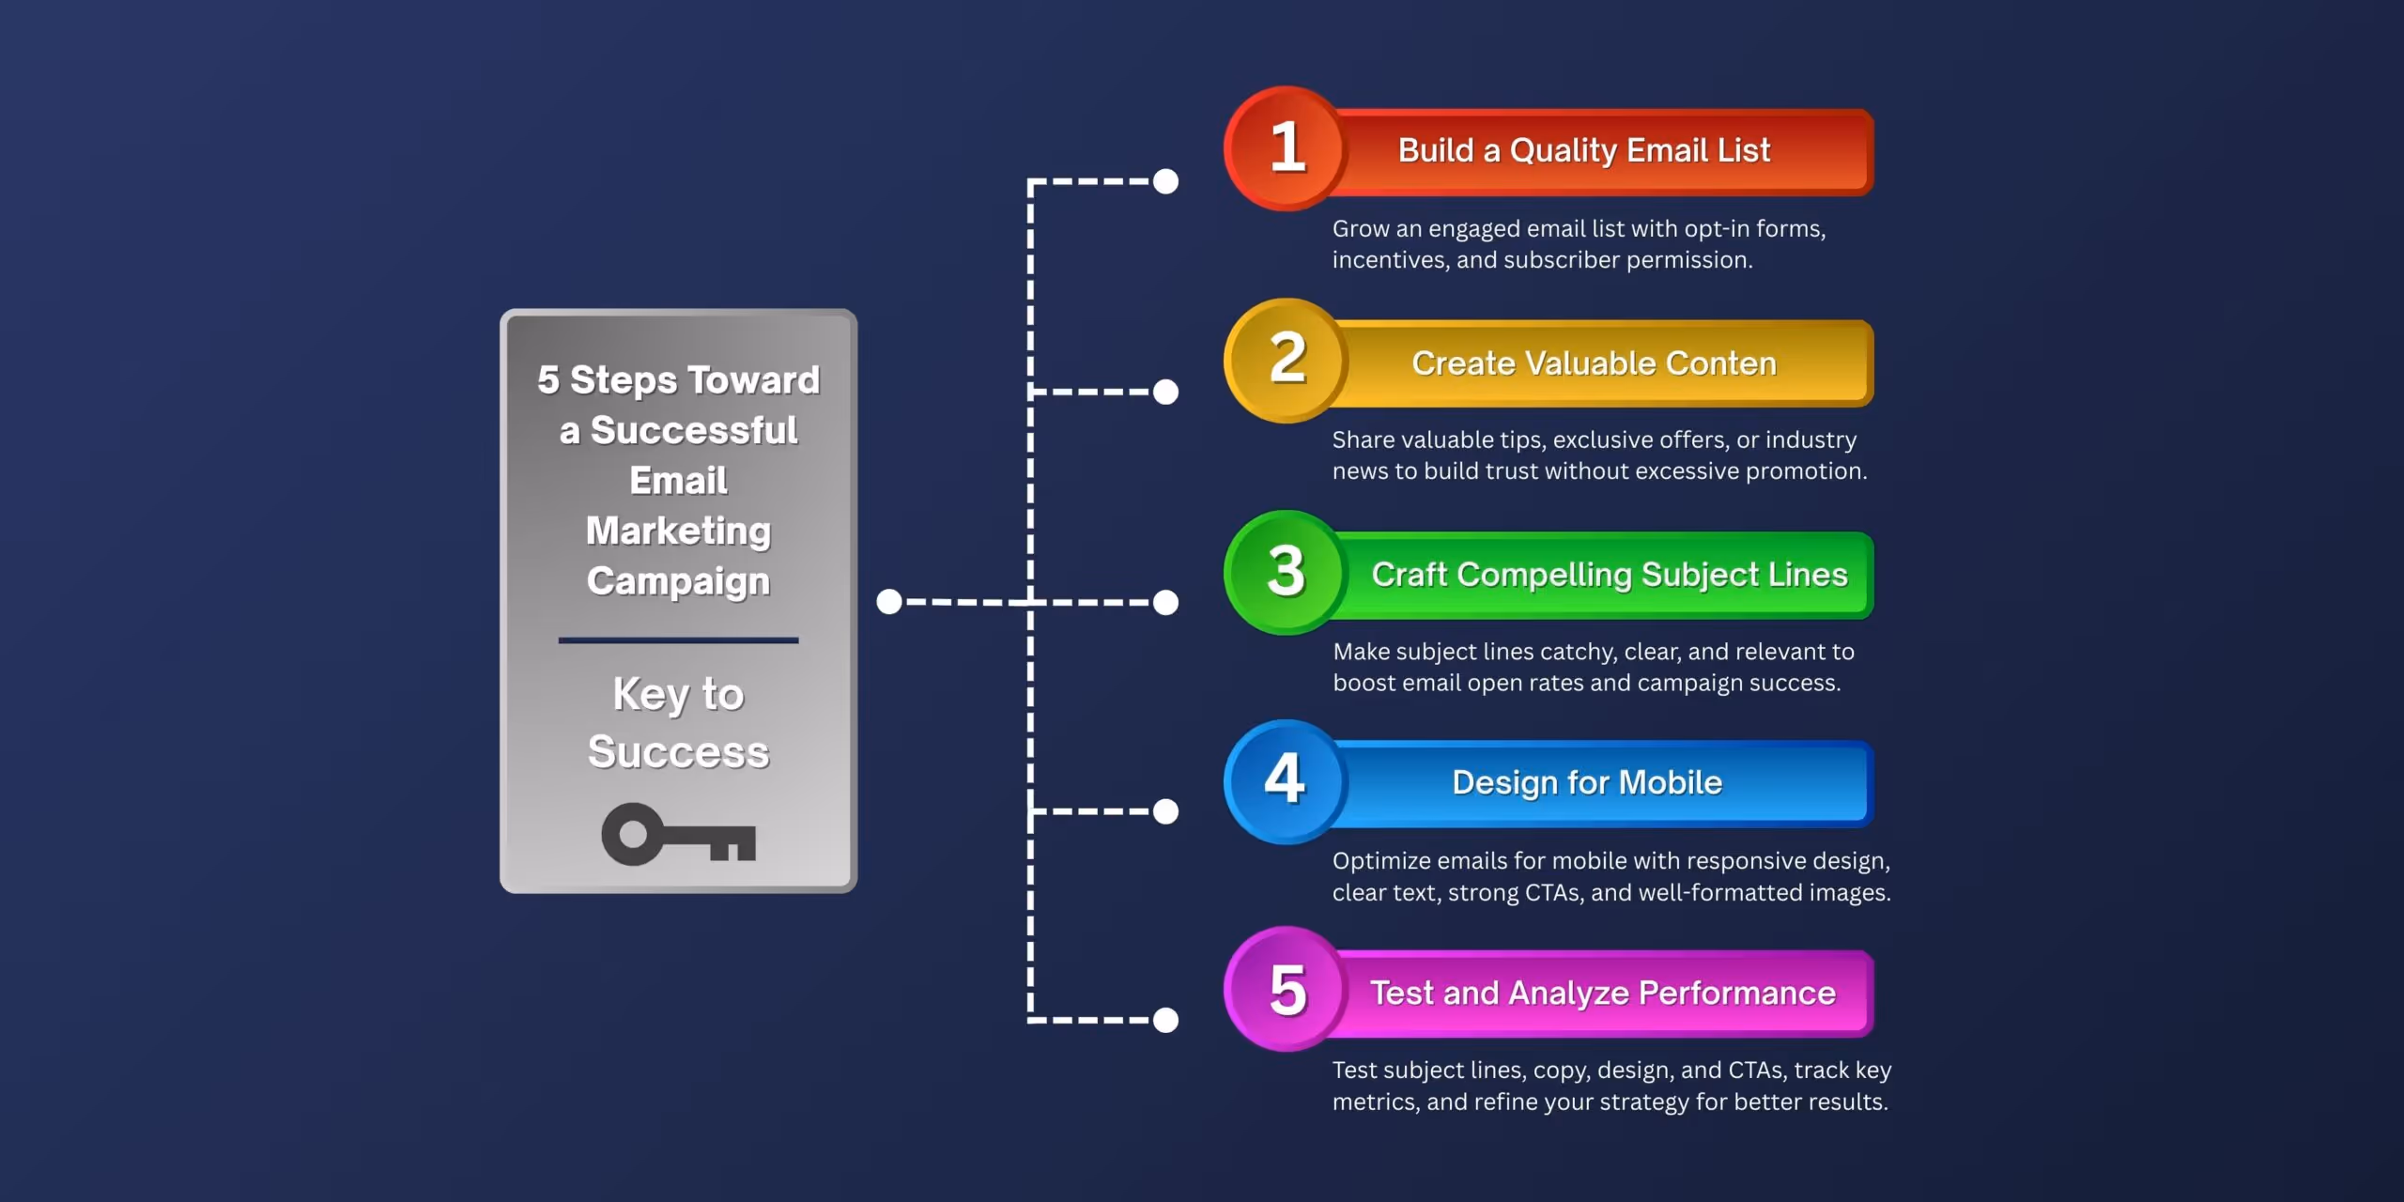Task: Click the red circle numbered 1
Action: click(x=1287, y=148)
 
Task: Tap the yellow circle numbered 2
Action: click(x=1287, y=360)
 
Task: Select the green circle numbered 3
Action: click(x=1287, y=572)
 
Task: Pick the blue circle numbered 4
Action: click(x=1287, y=781)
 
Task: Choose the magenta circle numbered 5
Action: click(x=1287, y=990)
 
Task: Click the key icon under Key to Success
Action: click(x=678, y=835)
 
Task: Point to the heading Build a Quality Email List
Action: click(x=1584, y=150)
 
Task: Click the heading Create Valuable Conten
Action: click(x=1594, y=363)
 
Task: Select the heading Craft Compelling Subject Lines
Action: click(x=1609, y=575)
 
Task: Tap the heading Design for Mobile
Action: click(x=1587, y=783)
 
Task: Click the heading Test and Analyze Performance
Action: click(x=1602, y=994)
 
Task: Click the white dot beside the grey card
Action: click(x=888, y=602)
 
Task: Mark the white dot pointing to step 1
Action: click(x=1165, y=181)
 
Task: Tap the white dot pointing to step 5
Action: click(x=1165, y=1020)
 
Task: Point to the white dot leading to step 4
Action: click(x=1165, y=811)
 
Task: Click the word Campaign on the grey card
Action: click(x=678, y=581)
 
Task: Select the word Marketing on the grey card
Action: click(x=678, y=532)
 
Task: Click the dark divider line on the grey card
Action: click(x=678, y=640)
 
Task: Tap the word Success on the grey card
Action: click(x=678, y=752)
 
